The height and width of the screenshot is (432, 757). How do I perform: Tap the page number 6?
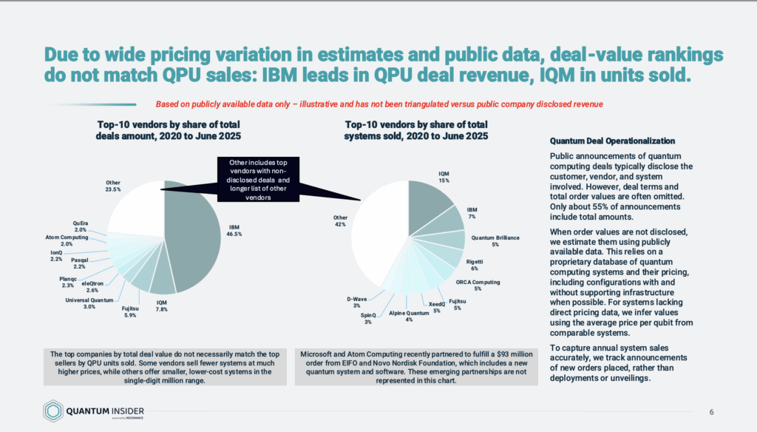(x=711, y=411)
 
